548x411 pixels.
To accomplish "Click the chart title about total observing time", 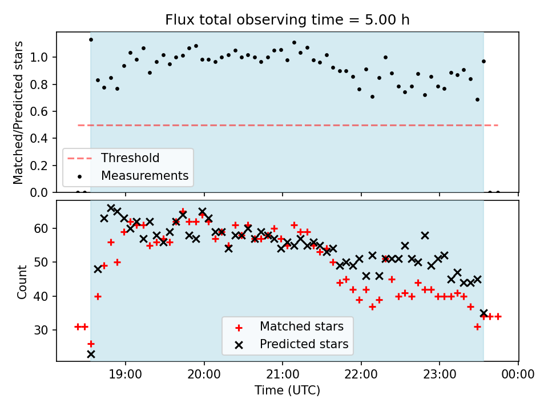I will (287, 20).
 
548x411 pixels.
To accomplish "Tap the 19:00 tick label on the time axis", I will (125, 375).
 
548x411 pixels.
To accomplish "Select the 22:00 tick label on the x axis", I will (361, 375).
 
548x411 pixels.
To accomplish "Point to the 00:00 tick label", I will (518, 375).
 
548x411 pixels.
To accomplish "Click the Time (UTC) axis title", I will (287, 390).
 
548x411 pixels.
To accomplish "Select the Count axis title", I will (22, 281).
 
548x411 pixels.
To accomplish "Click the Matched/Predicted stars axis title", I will (19, 112).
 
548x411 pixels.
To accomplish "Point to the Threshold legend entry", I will (130, 158).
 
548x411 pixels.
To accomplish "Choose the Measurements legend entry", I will (144, 176).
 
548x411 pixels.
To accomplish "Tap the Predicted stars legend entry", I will (304, 344).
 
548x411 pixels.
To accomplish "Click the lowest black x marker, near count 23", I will (91, 354).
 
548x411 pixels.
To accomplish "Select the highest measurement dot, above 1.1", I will (91, 39).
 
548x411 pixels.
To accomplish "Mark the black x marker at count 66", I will (111, 208).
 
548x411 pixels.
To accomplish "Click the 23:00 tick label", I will (439, 375).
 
